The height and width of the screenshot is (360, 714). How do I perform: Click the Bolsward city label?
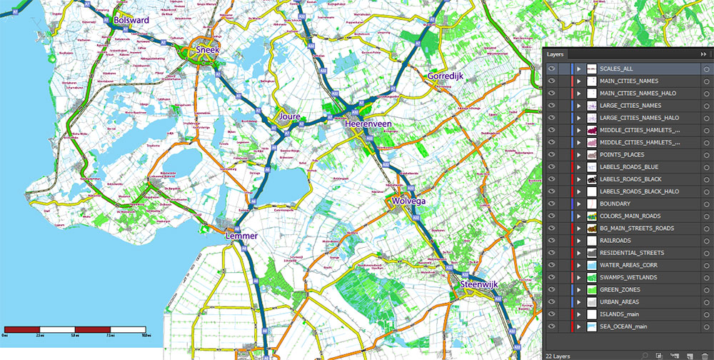coord(131,21)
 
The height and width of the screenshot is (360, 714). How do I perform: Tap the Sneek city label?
coord(207,51)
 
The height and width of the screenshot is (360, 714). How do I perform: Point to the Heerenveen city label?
coord(368,124)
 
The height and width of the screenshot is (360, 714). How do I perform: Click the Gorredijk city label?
coord(449,76)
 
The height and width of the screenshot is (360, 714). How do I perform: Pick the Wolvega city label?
coord(409,202)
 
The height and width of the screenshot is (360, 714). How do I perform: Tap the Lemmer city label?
coord(241,235)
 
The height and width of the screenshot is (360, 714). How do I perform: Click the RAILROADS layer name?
coord(615,241)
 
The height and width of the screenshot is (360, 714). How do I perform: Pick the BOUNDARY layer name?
coord(615,204)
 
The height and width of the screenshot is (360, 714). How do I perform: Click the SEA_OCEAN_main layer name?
coord(624,326)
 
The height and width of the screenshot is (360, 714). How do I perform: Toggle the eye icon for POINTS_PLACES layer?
coord(551,155)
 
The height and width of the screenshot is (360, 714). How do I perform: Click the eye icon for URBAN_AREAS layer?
coord(551,302)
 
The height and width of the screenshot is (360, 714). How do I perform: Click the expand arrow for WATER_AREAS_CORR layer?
coord(579,265)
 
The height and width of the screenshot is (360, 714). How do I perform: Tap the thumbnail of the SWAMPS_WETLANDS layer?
coord(591,277)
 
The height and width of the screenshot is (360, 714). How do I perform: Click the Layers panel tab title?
coord(556,54)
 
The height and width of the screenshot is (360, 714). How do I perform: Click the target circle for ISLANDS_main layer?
coord(705,314)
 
